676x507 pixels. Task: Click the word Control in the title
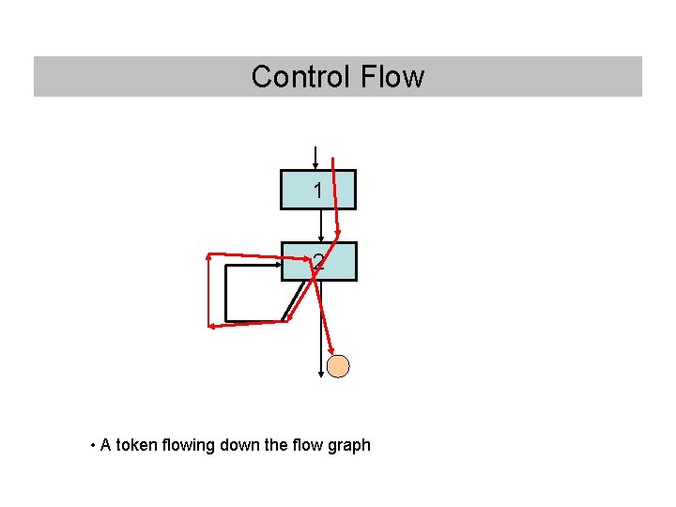point(294,76)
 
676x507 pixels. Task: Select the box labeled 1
point(318,190)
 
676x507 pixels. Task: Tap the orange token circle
point(338,366)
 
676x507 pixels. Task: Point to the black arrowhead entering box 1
point(315,165)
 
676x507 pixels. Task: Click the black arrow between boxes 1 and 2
point(321,224)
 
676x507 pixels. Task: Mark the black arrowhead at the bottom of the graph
point(321,372)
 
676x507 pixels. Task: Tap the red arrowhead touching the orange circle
point(330,349)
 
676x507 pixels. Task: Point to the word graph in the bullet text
point(349,445)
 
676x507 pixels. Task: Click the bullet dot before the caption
point(93,445)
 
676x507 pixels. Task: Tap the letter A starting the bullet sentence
point(106,445)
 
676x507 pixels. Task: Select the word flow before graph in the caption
point(309,445)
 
